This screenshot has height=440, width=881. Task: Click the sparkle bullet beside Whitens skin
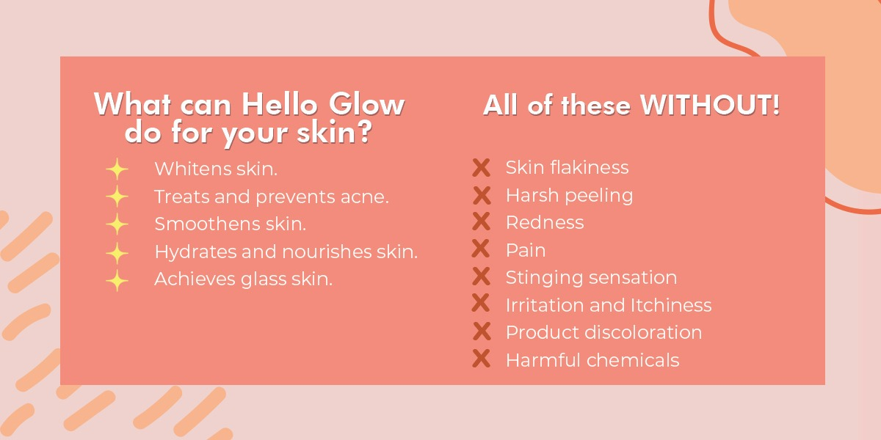(117, 169)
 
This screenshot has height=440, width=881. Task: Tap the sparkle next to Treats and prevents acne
(117, 197)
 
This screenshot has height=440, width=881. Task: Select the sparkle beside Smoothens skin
(117, 224)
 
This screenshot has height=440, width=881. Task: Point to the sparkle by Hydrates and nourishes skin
(117, 252)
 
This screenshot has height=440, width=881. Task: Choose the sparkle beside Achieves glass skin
(117, 280)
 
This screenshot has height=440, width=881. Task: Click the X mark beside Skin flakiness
(481, 168)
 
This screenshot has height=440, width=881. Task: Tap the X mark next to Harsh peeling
(481, 196)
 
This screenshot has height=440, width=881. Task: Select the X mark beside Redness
(481, 223)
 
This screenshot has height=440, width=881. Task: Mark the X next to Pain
(481, 250)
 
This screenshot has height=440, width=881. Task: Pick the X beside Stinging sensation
(481, 277)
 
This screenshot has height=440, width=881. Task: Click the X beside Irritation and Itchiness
(481, 304)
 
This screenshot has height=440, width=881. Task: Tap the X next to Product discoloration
(481, 332)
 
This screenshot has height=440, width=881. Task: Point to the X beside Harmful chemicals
(481, 359)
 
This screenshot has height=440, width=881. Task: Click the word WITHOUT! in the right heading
(711, 106)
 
